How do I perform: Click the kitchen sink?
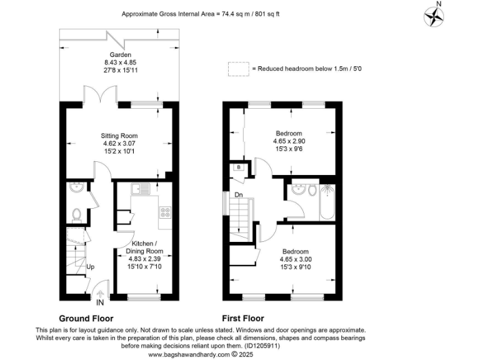139,188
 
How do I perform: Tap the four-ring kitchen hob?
166,212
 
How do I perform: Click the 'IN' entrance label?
100,302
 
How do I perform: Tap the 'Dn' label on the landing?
239,194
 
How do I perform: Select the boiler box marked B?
238,167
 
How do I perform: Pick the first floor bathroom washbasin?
299,189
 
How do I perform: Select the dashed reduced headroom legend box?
237,68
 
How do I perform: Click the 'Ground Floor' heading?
86,318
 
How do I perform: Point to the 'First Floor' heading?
242,318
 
